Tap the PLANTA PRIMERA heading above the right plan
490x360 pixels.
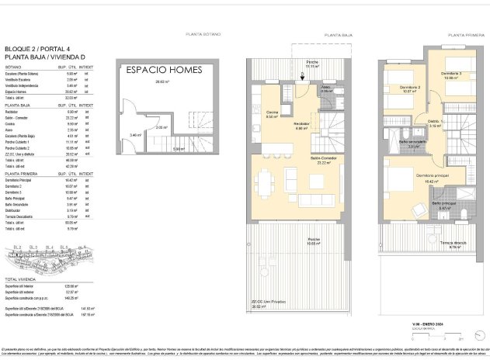(464, 34)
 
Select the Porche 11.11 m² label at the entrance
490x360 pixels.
(311, 64)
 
